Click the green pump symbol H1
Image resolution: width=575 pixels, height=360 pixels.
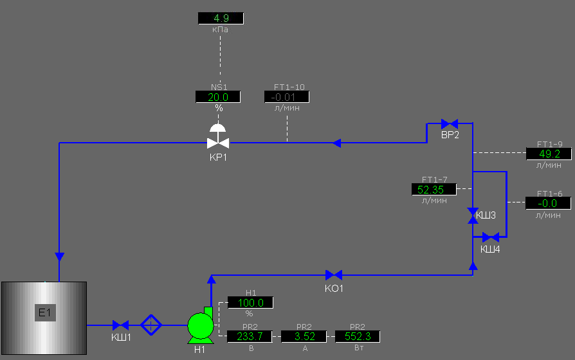click(200, 325)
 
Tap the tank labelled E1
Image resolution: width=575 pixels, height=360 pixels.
click(44, 318)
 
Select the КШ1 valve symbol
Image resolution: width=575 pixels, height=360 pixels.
click(121, 325)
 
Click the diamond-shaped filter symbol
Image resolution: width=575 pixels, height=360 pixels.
click(151, 325)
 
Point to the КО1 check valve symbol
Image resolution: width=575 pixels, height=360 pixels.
click(334, 275)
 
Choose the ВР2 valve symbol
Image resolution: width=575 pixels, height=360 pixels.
click(449, 123)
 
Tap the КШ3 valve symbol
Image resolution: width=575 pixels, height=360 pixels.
click(473, 215)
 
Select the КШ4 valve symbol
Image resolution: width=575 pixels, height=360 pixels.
click(490, 237)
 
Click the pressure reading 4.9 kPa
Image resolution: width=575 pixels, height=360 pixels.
click(220, 18)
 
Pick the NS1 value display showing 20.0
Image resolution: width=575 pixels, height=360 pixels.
click(218, 96)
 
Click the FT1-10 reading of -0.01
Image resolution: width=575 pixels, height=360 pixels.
click(287, 96)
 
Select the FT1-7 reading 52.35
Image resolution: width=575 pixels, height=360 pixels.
click(434, 189)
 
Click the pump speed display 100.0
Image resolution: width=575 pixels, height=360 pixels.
click(250, 302)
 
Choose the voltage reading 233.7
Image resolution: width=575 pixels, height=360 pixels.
click(250, 336)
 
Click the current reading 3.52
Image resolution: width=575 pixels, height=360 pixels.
click(304, 336)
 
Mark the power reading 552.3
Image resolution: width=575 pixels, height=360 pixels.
click(358, 336)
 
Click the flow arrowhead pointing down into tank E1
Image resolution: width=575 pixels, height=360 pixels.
click(59, 257)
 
